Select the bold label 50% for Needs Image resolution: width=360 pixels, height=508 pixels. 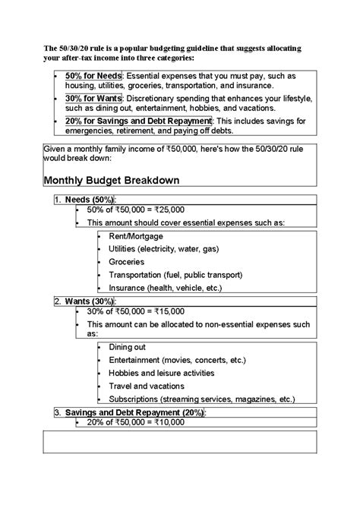point(93,77)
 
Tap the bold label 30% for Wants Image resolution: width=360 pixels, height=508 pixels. point(94,99)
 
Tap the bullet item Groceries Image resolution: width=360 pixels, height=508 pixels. point(126,262)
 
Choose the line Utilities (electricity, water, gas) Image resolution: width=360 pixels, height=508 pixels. point(163,249)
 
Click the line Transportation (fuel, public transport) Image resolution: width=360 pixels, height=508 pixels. point(174,275)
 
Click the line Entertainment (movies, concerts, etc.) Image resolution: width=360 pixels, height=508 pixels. point(177,360)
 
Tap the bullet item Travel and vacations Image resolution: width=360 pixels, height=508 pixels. point(146,386)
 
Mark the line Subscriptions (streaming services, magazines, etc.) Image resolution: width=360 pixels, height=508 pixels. point(201,399)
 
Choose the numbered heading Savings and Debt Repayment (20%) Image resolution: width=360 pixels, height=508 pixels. point(134,412)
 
